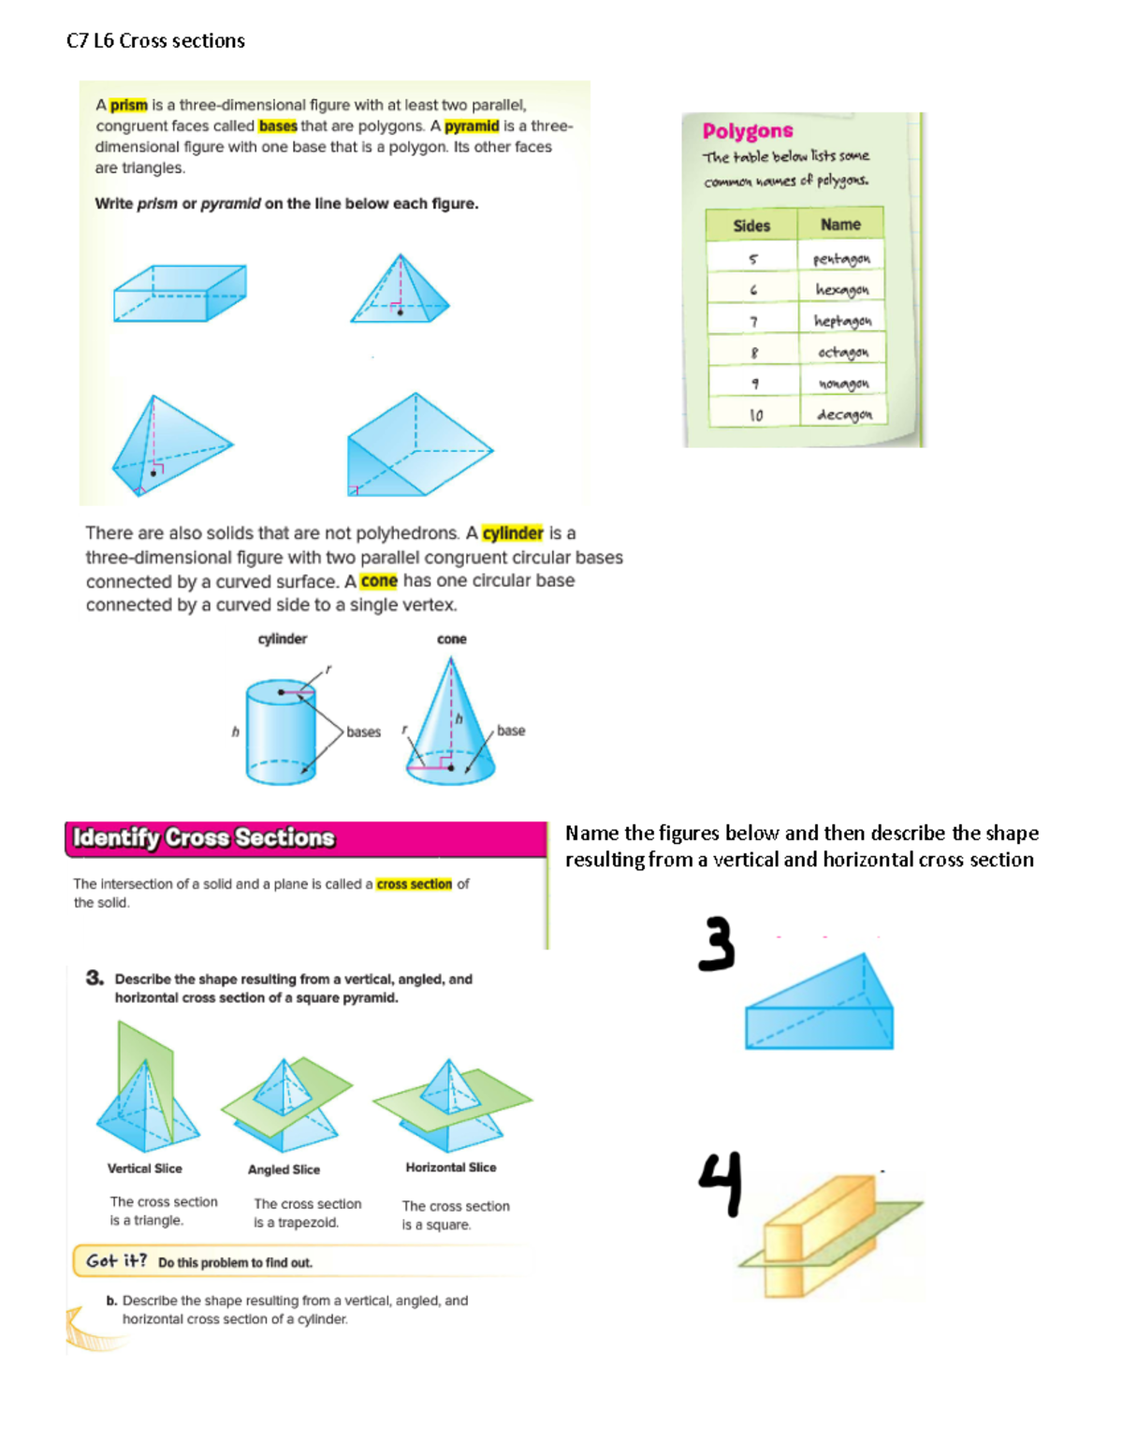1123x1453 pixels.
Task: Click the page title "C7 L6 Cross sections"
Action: [155, 41]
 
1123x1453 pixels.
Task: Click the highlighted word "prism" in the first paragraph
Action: [128, 105]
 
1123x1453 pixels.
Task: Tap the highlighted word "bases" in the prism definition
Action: [278, 126]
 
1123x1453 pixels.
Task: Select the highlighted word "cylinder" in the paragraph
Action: [512, 533]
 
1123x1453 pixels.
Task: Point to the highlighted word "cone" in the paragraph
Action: [379, 581]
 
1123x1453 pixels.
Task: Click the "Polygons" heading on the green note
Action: [748, 131]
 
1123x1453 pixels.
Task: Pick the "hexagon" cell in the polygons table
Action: [841, 290]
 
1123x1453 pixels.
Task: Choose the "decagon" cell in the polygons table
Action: [843, 414]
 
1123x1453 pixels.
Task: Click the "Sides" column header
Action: [751, 225]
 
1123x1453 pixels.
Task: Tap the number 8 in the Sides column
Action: [754, 353]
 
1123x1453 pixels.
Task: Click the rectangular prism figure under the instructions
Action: [180, 293]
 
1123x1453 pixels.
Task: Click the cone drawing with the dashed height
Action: [450, 725]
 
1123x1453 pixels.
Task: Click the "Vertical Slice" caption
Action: [144, 1169]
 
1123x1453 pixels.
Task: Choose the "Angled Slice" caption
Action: [284, 1170]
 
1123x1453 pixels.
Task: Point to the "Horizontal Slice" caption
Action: [451, 1168]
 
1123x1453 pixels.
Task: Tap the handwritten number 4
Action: [722, 1183]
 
